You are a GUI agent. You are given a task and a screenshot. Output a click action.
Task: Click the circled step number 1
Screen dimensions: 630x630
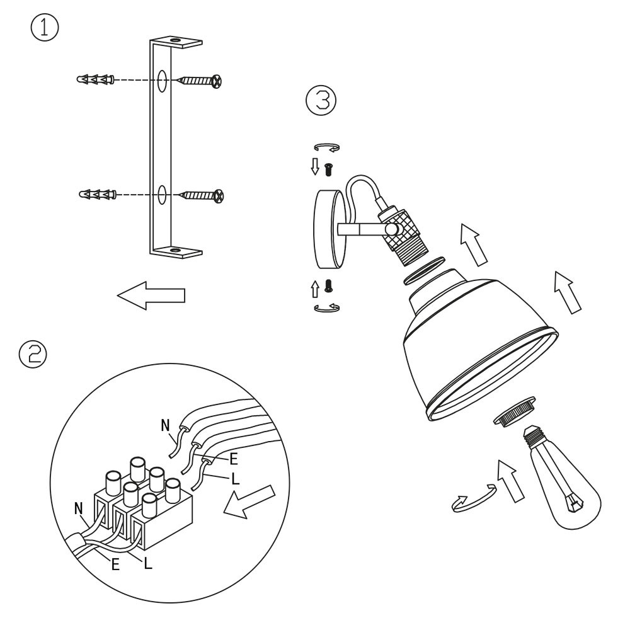pos(45,28)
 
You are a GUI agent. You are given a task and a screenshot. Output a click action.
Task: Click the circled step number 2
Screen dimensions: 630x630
pos(33,353)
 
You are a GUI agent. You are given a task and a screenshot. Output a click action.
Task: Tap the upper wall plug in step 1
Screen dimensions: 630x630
pos(96,79)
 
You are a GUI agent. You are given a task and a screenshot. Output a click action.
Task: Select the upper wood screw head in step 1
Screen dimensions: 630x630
pos(217,81)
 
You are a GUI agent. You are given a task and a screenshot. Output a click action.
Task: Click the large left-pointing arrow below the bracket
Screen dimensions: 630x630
pos(151,295)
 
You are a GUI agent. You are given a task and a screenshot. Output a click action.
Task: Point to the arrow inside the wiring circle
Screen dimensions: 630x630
pos(249,501)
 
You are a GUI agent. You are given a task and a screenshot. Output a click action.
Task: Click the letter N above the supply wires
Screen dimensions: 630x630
pos(165,425)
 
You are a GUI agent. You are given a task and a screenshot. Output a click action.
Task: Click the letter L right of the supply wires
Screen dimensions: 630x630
pos(236,479)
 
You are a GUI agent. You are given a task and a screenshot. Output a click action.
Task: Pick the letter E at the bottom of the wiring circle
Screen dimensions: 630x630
pos(116,565)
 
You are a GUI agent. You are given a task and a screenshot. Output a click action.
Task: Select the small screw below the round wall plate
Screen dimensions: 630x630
pos(329,285)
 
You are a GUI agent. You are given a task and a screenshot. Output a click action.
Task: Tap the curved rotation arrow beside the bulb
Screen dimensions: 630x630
pos(473,500)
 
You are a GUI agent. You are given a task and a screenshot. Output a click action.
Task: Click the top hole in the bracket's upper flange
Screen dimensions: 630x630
pos(175,40)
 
